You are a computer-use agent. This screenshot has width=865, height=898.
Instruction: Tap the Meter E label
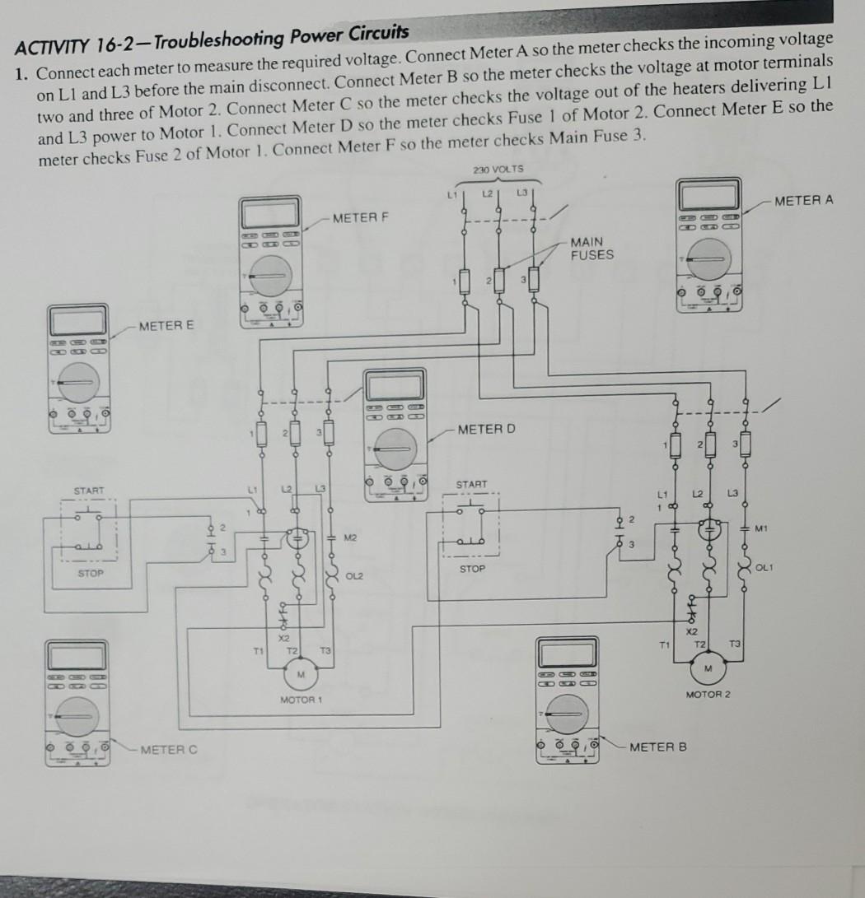pyautogui.click(x=166, y=326)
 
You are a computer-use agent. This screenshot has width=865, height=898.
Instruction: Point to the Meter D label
pyautogui.click(x=486, y=429)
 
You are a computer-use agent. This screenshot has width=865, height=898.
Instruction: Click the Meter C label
pyautogui.click(x=169, y=749)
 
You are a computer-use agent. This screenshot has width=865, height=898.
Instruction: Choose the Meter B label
pyautogui.click(x=657, y=747)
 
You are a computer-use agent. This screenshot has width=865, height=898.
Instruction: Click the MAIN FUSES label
pyautogui.click(x=591, y=249)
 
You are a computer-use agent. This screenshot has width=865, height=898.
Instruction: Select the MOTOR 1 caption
pyautogui.click(x=300, y=699)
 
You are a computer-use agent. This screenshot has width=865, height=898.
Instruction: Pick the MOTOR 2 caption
pyautogui.click(x=708, y=695)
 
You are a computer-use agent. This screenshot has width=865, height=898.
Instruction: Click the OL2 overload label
pyautogui.click(x=356, y=575)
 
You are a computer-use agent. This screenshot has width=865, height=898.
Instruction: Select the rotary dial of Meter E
pyautogui.click(x=77, y=381)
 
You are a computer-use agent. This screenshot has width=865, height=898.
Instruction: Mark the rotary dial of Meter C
pyautogui.click(x=76, y=717)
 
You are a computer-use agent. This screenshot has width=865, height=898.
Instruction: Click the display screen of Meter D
pyautogui.click(x=395, y=388)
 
